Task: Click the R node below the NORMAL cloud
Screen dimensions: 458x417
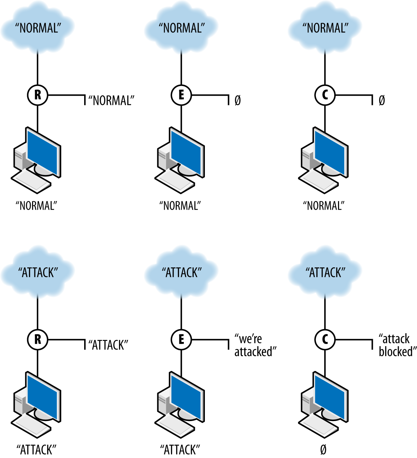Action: tap(38, 95)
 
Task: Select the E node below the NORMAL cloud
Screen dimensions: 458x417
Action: tap(181, 95)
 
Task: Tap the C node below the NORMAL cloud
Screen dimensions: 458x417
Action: tap(325, 95)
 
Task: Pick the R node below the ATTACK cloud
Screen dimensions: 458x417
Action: tap(38, 340)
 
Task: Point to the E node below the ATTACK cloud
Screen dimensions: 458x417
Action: tap(181, 340)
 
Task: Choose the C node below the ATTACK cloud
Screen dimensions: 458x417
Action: tap(325, 340)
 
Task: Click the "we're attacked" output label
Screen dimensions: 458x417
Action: tap(255, 345)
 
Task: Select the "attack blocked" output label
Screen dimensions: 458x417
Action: tap(397, 345)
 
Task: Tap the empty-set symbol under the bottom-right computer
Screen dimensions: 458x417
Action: tap(323, 449)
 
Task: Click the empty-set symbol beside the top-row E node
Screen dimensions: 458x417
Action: tap(238, 101)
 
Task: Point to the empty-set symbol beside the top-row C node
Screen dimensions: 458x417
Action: tap(381, 101)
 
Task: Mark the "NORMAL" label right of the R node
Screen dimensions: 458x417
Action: tap(111, 101)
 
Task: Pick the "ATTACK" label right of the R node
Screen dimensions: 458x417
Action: tap(108, 345)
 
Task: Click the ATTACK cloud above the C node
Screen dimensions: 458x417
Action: tap(325, 272)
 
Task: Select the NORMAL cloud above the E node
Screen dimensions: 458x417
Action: tap(181, 28)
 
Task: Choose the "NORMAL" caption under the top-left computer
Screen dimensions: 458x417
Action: tap(36, 206)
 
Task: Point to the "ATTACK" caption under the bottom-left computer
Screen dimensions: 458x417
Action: tap(36, 450)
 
